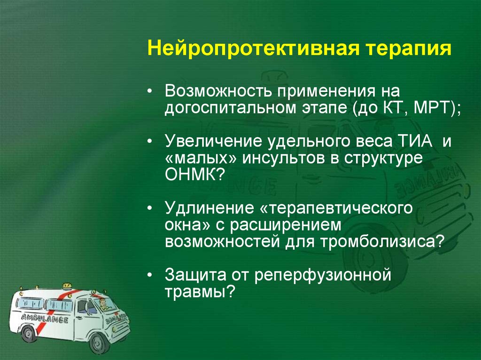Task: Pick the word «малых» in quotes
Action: [x=201, y=158]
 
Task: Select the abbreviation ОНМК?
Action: [x=195, y=176]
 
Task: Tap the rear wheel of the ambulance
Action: [x=29, y=334]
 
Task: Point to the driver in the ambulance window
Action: [x=102, y=306]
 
